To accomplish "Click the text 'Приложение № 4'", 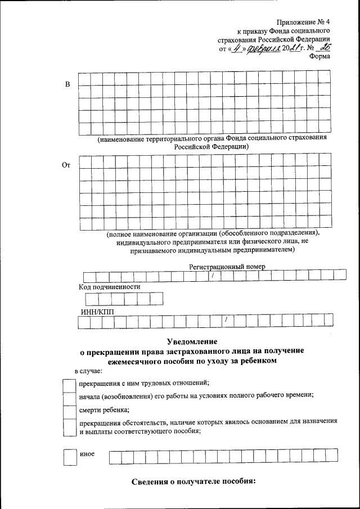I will (x=302, y=22).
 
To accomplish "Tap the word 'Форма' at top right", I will (x=319, y=56).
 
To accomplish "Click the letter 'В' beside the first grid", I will (x=68, y=84).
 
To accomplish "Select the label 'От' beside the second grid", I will (x=66, y=165).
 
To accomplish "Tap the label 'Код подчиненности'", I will (x=109, y=286).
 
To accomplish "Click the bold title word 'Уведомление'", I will (x=192, y=341).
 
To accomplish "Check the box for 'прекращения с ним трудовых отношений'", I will (x=69, y=385).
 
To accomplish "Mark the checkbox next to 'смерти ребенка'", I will (x=69, y=410).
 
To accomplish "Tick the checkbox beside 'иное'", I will (x=69, y=456).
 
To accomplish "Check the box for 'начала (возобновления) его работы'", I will (x=69, y=397).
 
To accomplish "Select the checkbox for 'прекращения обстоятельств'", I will (x=69, y=427).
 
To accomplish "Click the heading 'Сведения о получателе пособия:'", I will (x=193, y=482).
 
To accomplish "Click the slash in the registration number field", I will (x=213, y=276).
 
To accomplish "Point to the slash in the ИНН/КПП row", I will (x=226, y=321).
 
